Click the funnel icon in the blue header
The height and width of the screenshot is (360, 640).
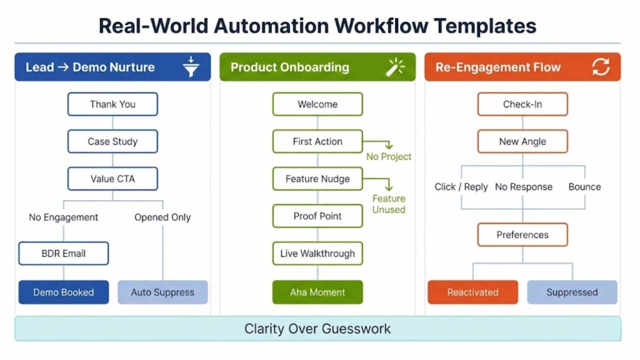tap(190, 67)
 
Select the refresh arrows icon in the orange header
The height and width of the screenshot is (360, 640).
tap(600, 67)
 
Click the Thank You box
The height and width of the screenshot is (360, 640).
tap(112, 104)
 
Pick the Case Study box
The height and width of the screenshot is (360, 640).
tap(112, 142)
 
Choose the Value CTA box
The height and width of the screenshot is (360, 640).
tap(112, 179)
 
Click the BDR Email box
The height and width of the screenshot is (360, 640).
tap(63, 254)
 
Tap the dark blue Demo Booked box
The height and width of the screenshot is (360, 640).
tap(63, 292)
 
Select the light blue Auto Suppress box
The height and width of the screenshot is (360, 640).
tap(162, 292)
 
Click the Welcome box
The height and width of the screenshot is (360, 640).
tap(317, 104)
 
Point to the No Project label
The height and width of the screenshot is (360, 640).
tap(389, 156)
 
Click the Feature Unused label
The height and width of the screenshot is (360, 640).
tap(389, 204)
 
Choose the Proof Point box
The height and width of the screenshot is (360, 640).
tap(317, 216)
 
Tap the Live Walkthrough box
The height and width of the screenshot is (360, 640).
tap(317, 254)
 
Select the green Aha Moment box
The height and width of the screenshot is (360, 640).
tap(317, 292)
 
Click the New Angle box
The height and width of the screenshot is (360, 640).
tap(522, 142)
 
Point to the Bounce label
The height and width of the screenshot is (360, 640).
tap(584, 187)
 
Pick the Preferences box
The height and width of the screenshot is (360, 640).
tap(522, 235)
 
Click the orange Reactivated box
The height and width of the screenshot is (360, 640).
tap(472, 292)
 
